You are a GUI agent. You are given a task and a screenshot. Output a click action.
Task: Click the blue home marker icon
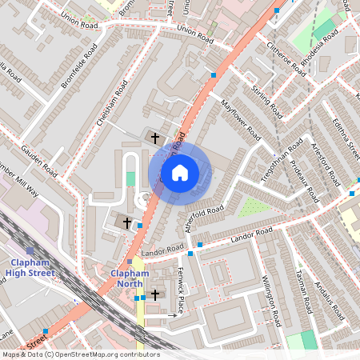(180, 172)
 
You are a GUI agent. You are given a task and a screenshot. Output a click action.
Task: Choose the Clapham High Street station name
(32, 268)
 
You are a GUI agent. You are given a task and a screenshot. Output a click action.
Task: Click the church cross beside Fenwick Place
(154, 295)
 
